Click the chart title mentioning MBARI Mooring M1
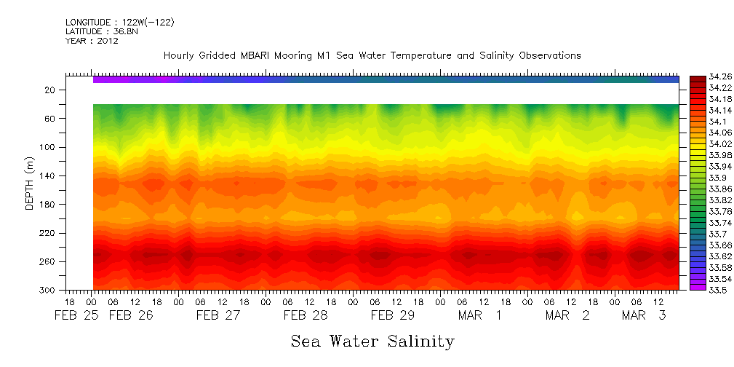372,56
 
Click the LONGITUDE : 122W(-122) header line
119,23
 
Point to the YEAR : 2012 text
92,41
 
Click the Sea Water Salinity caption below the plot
372,341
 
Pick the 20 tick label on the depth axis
50,90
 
